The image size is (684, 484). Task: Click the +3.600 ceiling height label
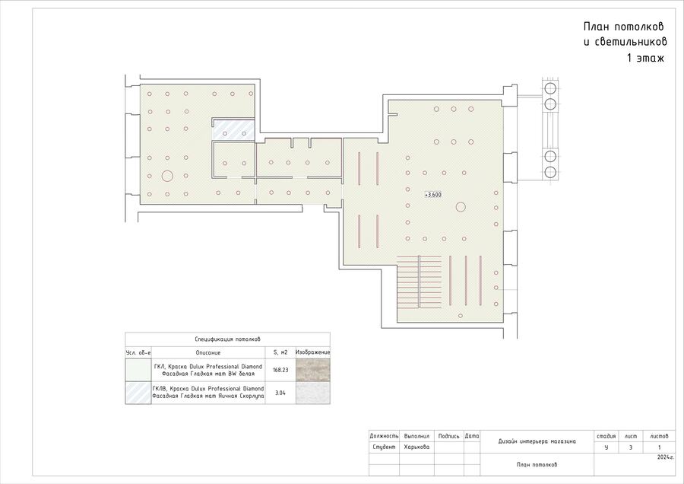click(x=433, y=195)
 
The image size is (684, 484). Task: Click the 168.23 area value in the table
click(x=280, y=370)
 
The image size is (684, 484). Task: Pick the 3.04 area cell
click(x=280, y=393)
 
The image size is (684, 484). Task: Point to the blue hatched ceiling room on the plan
click(x=233, y=129)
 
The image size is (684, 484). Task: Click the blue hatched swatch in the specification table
click(x=138, y=393)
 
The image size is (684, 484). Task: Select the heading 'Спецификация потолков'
click(x=228, y=339)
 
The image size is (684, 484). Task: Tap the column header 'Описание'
click(x=208, y=352)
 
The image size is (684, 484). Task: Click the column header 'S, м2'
click(x=280, y=352)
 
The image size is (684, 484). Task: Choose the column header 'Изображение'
click(x=313, y=352)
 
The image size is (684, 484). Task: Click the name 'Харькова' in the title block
click(x=416, y=447)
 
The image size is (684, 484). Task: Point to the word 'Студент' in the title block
click(x=384, y=447)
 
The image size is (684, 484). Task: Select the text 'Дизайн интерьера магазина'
click(x=537, y=441)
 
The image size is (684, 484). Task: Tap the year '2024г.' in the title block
click(x=666, y=457)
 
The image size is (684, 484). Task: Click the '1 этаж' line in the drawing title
click(x=645, y=58)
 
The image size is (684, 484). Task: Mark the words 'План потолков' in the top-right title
click(x=624, y=27)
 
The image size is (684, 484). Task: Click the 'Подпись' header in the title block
click(x=449, y=436)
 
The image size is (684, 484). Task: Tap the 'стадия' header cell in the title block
click(x=606, y=436)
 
